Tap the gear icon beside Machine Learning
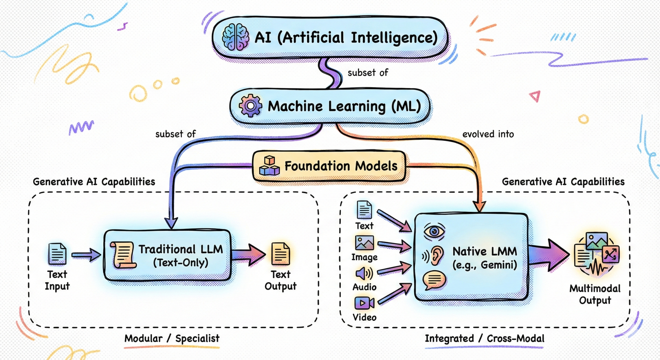(x=250, y=105)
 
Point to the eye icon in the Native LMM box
(x=434, y=232)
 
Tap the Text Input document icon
(x=57, y=254)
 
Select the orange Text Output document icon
(x=281, y=254)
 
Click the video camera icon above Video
(x=364, y=303)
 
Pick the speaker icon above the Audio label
(x=364, y=273)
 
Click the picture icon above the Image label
(x=364, y=243)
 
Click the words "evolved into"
(x=488, y=134)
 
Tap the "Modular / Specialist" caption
(x=172, y=338)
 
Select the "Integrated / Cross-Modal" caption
(x=484, y=338)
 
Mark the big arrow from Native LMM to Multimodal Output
(x=548, y=255)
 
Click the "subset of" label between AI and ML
(x=368, y=73)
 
